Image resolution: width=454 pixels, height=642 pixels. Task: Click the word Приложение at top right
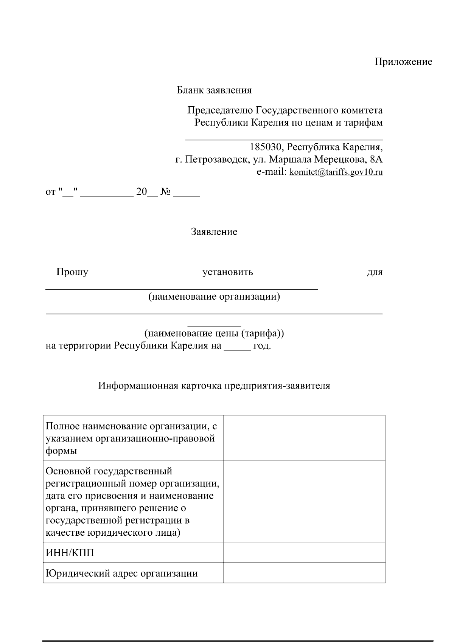[403, 62]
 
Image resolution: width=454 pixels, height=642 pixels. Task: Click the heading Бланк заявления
[214, 90]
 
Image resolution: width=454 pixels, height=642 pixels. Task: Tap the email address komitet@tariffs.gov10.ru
[336, 173]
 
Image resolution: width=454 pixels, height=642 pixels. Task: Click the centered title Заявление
[214, 232]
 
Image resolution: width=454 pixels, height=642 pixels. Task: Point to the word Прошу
[72, 272]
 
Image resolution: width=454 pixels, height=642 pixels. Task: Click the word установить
[228, 272]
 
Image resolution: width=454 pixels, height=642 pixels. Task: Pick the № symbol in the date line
[165, 192]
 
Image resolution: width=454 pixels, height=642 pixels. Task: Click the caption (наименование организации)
[214, 297]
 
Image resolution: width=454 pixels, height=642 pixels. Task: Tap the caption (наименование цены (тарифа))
[214, 334]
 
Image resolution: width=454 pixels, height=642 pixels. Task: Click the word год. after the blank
[262, 346]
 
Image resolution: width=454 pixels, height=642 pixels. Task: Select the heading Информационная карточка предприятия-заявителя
[214, 386]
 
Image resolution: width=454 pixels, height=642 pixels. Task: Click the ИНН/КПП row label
[70, 553]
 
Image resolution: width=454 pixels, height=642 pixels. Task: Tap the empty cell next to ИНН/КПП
[304, 553]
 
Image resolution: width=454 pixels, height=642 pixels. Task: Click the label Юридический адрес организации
[121, 573]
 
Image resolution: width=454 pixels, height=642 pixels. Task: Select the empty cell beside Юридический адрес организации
[304, 573]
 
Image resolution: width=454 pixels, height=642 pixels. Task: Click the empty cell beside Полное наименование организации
[304, 438]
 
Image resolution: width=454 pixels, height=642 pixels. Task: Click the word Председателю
[220, 110]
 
